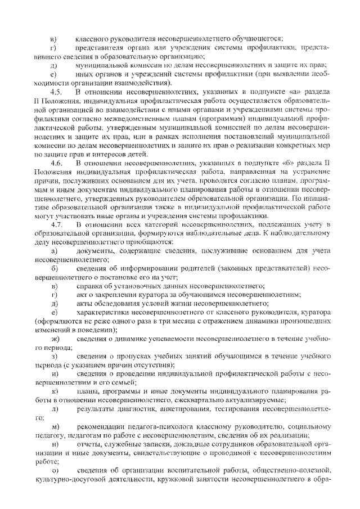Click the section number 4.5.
56,92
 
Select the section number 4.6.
56,163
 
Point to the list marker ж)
55,340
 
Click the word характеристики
104,313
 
